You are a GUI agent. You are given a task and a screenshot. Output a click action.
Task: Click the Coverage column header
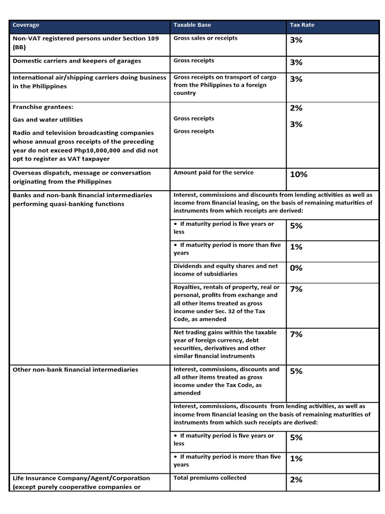tap(26, 25)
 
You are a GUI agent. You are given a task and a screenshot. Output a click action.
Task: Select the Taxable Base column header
tap(192, 25)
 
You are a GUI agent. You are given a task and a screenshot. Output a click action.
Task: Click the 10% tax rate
tap(298, 175)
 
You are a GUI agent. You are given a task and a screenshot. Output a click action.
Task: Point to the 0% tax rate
tap(296, 268)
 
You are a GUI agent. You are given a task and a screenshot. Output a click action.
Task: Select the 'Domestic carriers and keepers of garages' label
tap(77, 61)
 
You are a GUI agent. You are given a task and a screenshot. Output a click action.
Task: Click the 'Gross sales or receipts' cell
tap(206, 38)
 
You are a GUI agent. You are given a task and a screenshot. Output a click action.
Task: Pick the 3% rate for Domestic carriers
tap(296, 63)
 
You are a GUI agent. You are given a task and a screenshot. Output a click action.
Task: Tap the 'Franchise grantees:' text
tap(39, 107)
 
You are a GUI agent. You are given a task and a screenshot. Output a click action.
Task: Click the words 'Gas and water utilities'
tap(48, 119)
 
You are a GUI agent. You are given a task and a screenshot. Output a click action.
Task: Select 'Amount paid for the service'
tap(214, 173)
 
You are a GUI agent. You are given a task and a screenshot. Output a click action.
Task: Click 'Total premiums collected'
tap(210, 478)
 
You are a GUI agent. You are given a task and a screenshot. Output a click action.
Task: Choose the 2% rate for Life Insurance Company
tap(296, 480)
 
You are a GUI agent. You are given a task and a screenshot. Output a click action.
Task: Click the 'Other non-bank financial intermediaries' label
tap(75, 369)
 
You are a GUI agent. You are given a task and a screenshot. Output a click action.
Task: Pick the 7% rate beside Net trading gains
tap(296, 334)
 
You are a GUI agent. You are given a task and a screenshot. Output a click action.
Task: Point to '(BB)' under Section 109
tap(19, 47)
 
